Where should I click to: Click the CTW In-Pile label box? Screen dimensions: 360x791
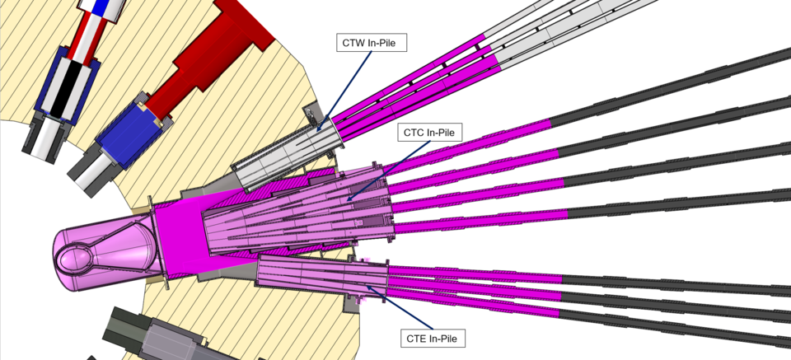[x=372, y=42]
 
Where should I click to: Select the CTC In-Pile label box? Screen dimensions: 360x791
[x=430, y=132]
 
